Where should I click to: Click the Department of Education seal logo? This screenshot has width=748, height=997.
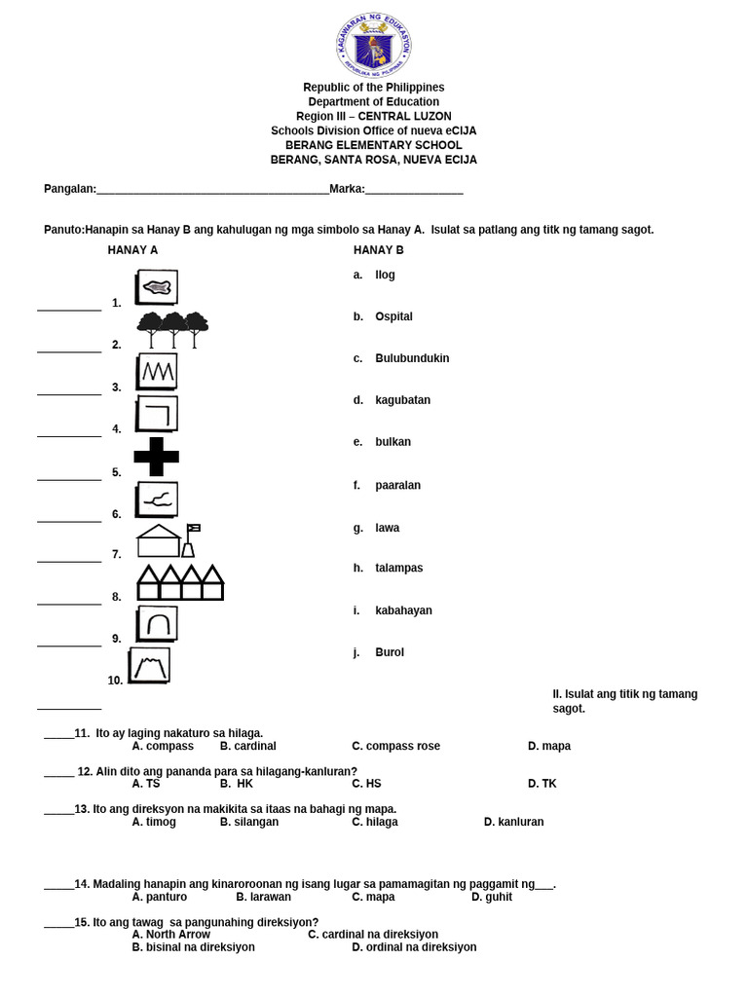pos(374,45)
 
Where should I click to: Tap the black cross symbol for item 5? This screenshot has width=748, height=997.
pos(156,457)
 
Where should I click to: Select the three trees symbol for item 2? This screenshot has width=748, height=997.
pos(172,329)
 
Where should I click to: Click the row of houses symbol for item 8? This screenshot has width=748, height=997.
pos(180,582)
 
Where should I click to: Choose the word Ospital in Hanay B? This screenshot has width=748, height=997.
pos(393,316)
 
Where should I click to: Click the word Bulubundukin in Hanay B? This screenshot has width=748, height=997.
pos(412,358)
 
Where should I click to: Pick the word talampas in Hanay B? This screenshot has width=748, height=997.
pos(398,568)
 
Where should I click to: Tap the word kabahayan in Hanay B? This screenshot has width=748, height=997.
pos(403,610)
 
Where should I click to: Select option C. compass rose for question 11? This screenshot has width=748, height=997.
pos(395,746)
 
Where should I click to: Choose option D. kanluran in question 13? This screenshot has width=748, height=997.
pos(513,822)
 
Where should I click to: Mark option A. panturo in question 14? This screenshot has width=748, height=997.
pos(159,897)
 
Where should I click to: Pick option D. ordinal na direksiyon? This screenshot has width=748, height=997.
pos(414,946)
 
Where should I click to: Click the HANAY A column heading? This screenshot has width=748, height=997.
pos(132,250)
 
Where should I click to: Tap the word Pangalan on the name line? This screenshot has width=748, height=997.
pos(69,189)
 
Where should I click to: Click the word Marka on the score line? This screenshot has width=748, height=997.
pos(346,189)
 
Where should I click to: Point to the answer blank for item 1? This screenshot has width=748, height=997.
pos(69,309)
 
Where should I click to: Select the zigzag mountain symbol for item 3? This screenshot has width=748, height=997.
pos(158,371)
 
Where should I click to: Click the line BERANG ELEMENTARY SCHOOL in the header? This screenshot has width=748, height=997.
pos(373,145)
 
